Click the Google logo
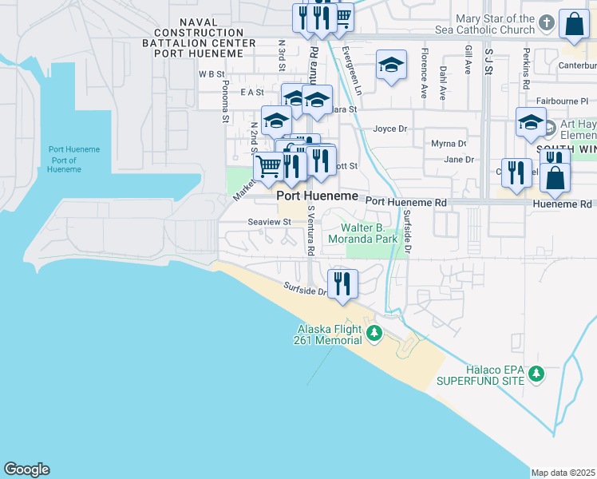[x=26, y=469]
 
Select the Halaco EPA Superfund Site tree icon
[x=537, y=373]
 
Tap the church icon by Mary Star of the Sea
[x=546, y=22]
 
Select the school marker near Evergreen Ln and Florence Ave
[x=390, y=65]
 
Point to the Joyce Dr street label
[x=389, y=129]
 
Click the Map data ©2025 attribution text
[x=563, y=473]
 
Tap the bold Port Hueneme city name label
[x=317, y=196]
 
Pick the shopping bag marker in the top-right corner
[x=574, y=26]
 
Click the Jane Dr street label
[x=458, y=160]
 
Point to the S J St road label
[x=488, y=61]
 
